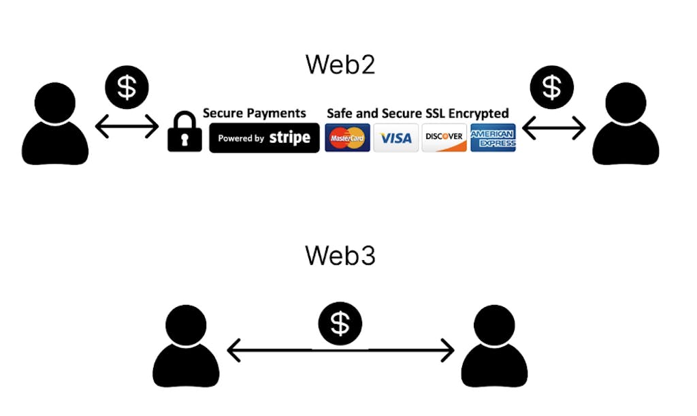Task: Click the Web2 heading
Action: click(340, 65)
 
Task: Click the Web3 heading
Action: click(340, 255)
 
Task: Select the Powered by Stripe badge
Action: click(264, 138)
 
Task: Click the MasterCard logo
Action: click(347, 138)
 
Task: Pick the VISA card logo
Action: click(395, 138)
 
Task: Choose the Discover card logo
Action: click(444, 138)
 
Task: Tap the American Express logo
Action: click(493, 138)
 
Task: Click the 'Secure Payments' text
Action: click(255, 113)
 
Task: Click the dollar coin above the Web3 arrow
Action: click(340, 323)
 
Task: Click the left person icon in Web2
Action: click(55, 126)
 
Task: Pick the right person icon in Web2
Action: click(626, 126)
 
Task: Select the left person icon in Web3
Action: click(186, 347)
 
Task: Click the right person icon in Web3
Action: click(494, 347)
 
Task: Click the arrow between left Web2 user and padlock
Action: click(127, 127)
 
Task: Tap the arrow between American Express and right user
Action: click(553, 127)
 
